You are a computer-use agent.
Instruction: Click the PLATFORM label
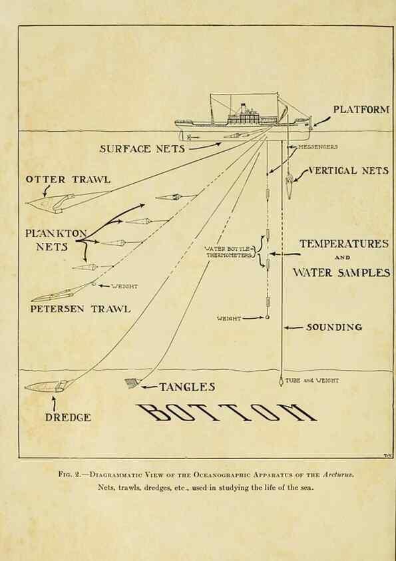[361, 109]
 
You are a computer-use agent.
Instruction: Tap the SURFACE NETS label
[142, 149]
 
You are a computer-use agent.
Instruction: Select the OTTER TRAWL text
[68, 179]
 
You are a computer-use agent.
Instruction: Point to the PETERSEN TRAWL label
[80, 308]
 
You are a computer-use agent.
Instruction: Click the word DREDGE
[68, 417]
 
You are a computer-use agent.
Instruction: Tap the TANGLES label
[187, 387]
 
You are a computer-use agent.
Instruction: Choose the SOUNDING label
[334, 327]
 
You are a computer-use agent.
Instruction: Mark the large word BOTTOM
[226, 412]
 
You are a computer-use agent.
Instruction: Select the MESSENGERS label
[317, 146]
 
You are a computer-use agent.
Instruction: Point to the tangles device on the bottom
[132, 383]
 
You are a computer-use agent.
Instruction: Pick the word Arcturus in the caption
[338, 474]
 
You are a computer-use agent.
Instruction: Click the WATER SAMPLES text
[341, 273]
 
